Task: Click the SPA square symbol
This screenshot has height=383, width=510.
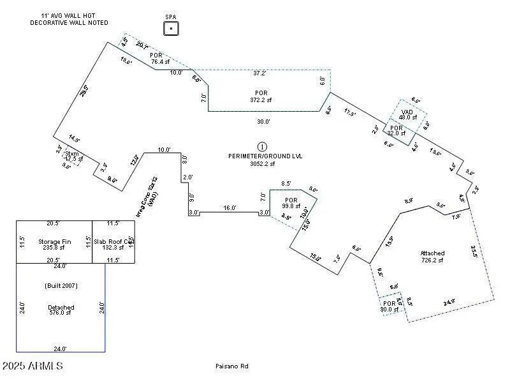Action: pos(171,29)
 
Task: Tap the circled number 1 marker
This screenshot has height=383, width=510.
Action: pos(262,147)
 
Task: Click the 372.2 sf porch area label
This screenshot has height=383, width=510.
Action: pos(259,100)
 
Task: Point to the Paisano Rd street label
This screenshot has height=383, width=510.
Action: pos(231,366)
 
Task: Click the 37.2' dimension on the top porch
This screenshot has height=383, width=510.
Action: pos(259,73)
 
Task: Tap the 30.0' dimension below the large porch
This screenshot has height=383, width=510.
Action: pos(263,121)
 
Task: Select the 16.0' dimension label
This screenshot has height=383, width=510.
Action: pos(229,207)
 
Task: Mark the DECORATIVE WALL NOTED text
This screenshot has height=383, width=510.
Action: pos(69,23)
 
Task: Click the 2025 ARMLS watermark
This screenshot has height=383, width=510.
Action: pos(33,366)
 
